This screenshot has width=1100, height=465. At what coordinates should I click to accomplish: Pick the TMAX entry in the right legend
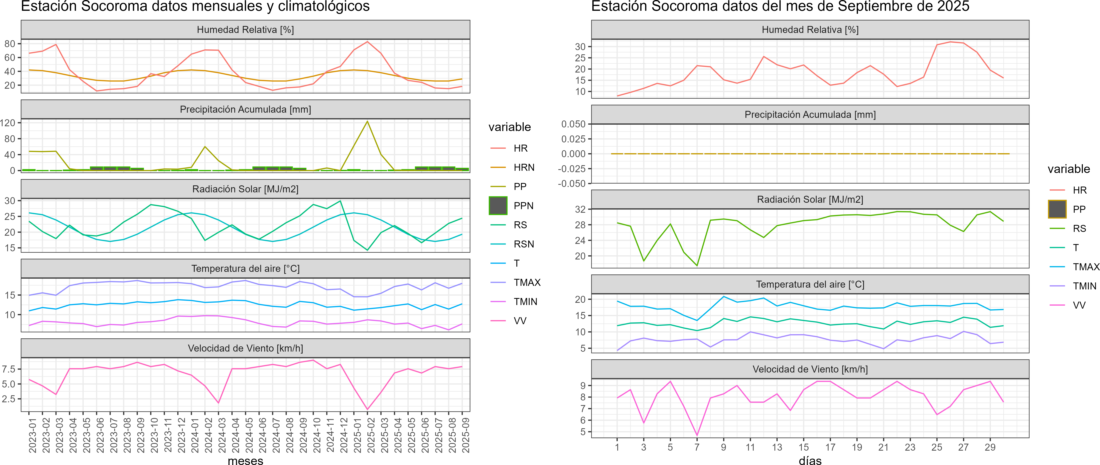point(1085,267)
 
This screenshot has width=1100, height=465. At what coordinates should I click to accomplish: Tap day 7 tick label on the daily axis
point(697,447)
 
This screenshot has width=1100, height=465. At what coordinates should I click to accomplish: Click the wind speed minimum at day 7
point(697,435)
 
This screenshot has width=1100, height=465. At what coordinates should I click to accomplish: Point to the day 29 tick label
point(990,447)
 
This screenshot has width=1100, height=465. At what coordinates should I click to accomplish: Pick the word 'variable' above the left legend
point(509,127)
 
